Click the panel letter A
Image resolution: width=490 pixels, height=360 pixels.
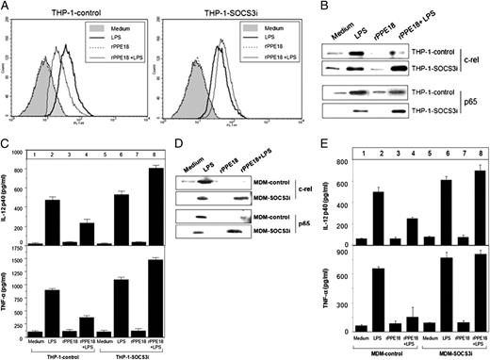coord(7,7)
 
